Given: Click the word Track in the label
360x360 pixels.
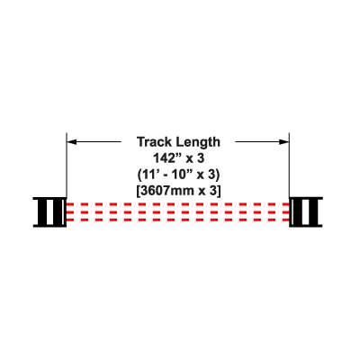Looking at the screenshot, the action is pos(155,142).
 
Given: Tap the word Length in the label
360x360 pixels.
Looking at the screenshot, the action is pos(198,142).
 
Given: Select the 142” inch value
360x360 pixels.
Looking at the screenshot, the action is pos(165,158).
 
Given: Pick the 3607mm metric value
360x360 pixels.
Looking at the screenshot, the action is pos(166,191).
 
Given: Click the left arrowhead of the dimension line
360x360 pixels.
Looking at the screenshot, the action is pos(72,142).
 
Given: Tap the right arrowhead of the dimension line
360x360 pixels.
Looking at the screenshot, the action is pos(284,142).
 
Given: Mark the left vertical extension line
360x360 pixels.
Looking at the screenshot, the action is pos(67,165).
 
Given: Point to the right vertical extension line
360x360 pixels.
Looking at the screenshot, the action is pos(289,165).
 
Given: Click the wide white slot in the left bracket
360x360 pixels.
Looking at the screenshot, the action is pos(50,212).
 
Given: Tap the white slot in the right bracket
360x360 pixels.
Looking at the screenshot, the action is pos(306,212).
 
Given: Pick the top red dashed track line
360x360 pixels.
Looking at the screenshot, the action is pos(178,204).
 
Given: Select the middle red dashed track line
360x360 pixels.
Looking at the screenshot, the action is pos(178,212).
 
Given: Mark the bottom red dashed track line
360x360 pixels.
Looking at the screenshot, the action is pos(178,220).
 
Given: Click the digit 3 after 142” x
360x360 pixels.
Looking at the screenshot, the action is pos(201,158).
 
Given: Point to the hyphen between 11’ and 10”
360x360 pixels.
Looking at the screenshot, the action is pos(167,175).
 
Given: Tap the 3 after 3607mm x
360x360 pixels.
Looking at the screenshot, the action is pos(213,191).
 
